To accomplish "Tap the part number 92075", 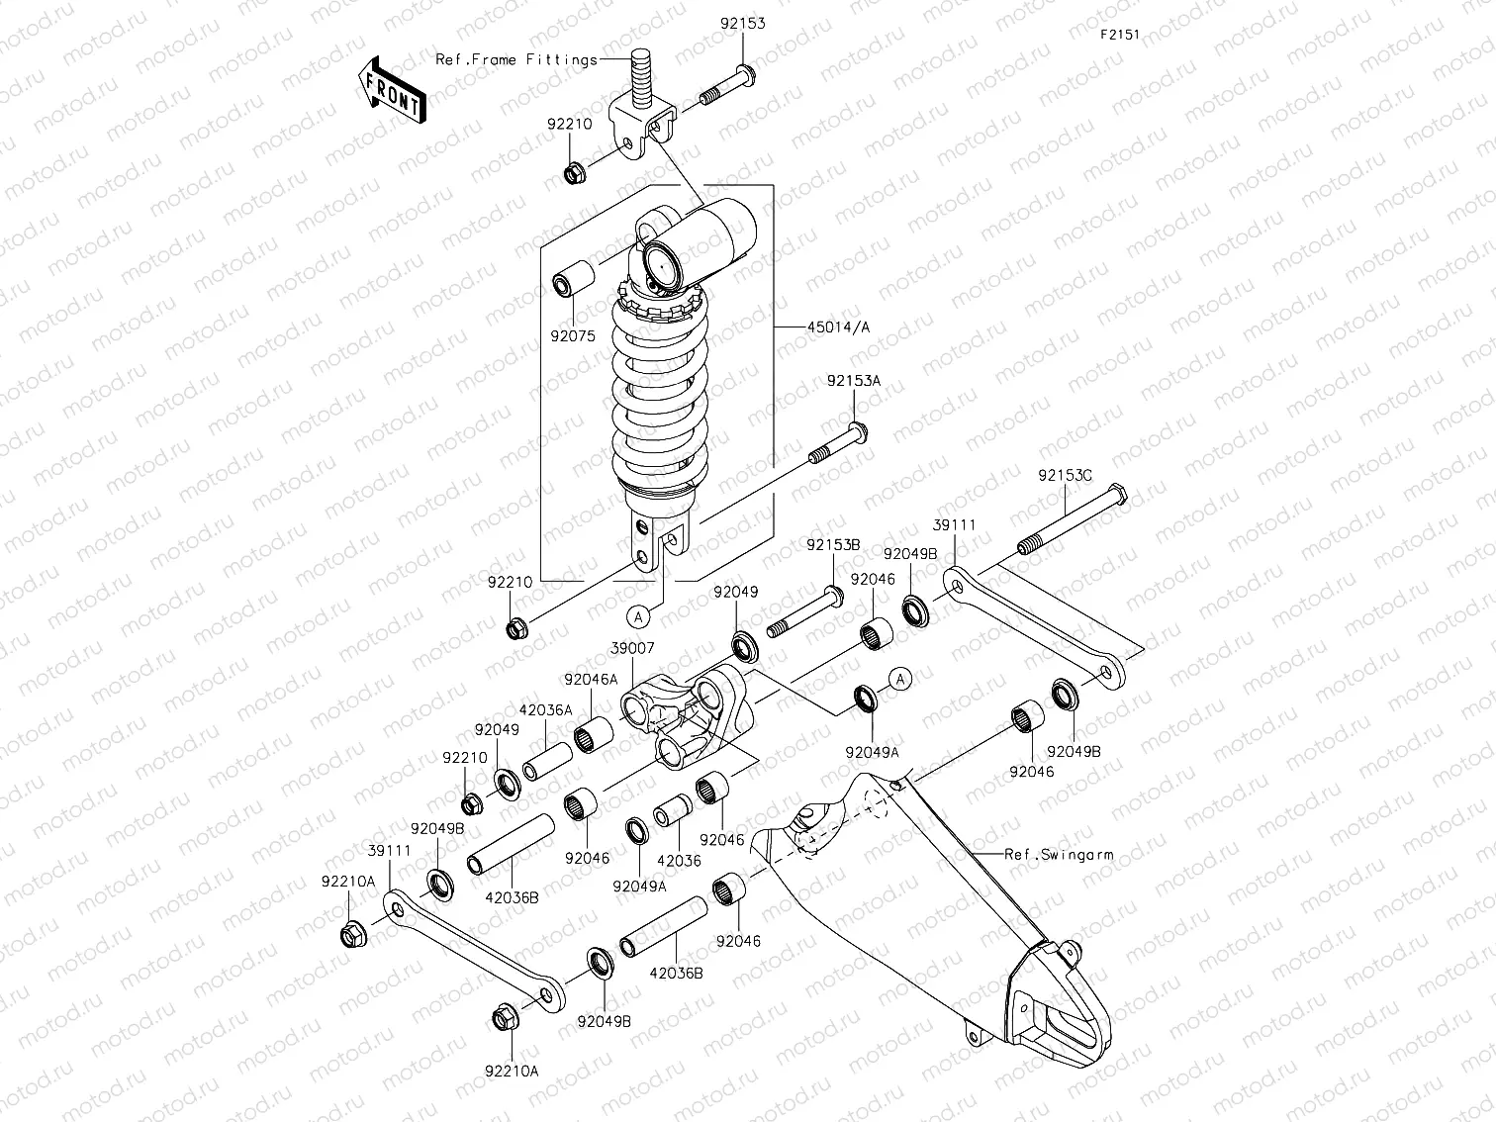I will (573, 335).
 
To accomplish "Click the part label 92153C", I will (1065, 475).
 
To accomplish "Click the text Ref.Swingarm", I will (1058, 854).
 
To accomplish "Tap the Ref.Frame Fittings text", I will (516, 59).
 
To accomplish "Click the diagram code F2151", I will (1120, 34).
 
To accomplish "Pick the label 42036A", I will (545, 709).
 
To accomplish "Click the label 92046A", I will (591, 680).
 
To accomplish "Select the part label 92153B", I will (832, 545).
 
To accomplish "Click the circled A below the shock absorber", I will (640, 616).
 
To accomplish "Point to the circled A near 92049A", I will (898, 679).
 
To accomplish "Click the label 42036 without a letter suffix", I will (679, 861).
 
